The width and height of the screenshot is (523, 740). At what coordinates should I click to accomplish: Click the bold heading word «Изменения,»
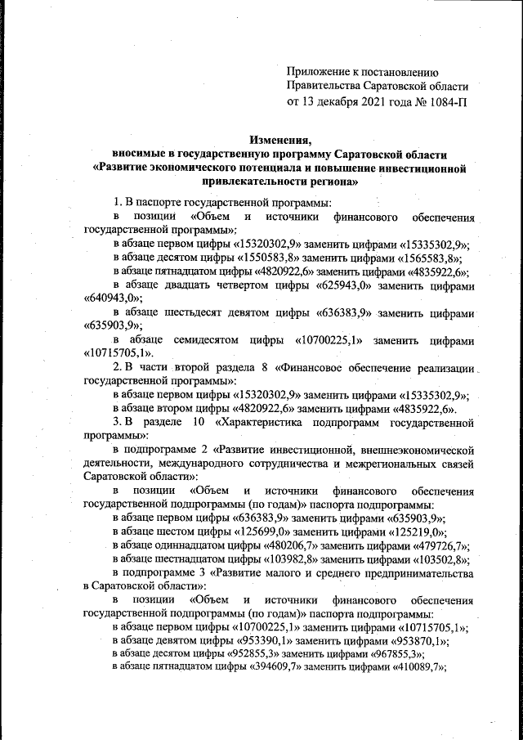coord(280,140)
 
